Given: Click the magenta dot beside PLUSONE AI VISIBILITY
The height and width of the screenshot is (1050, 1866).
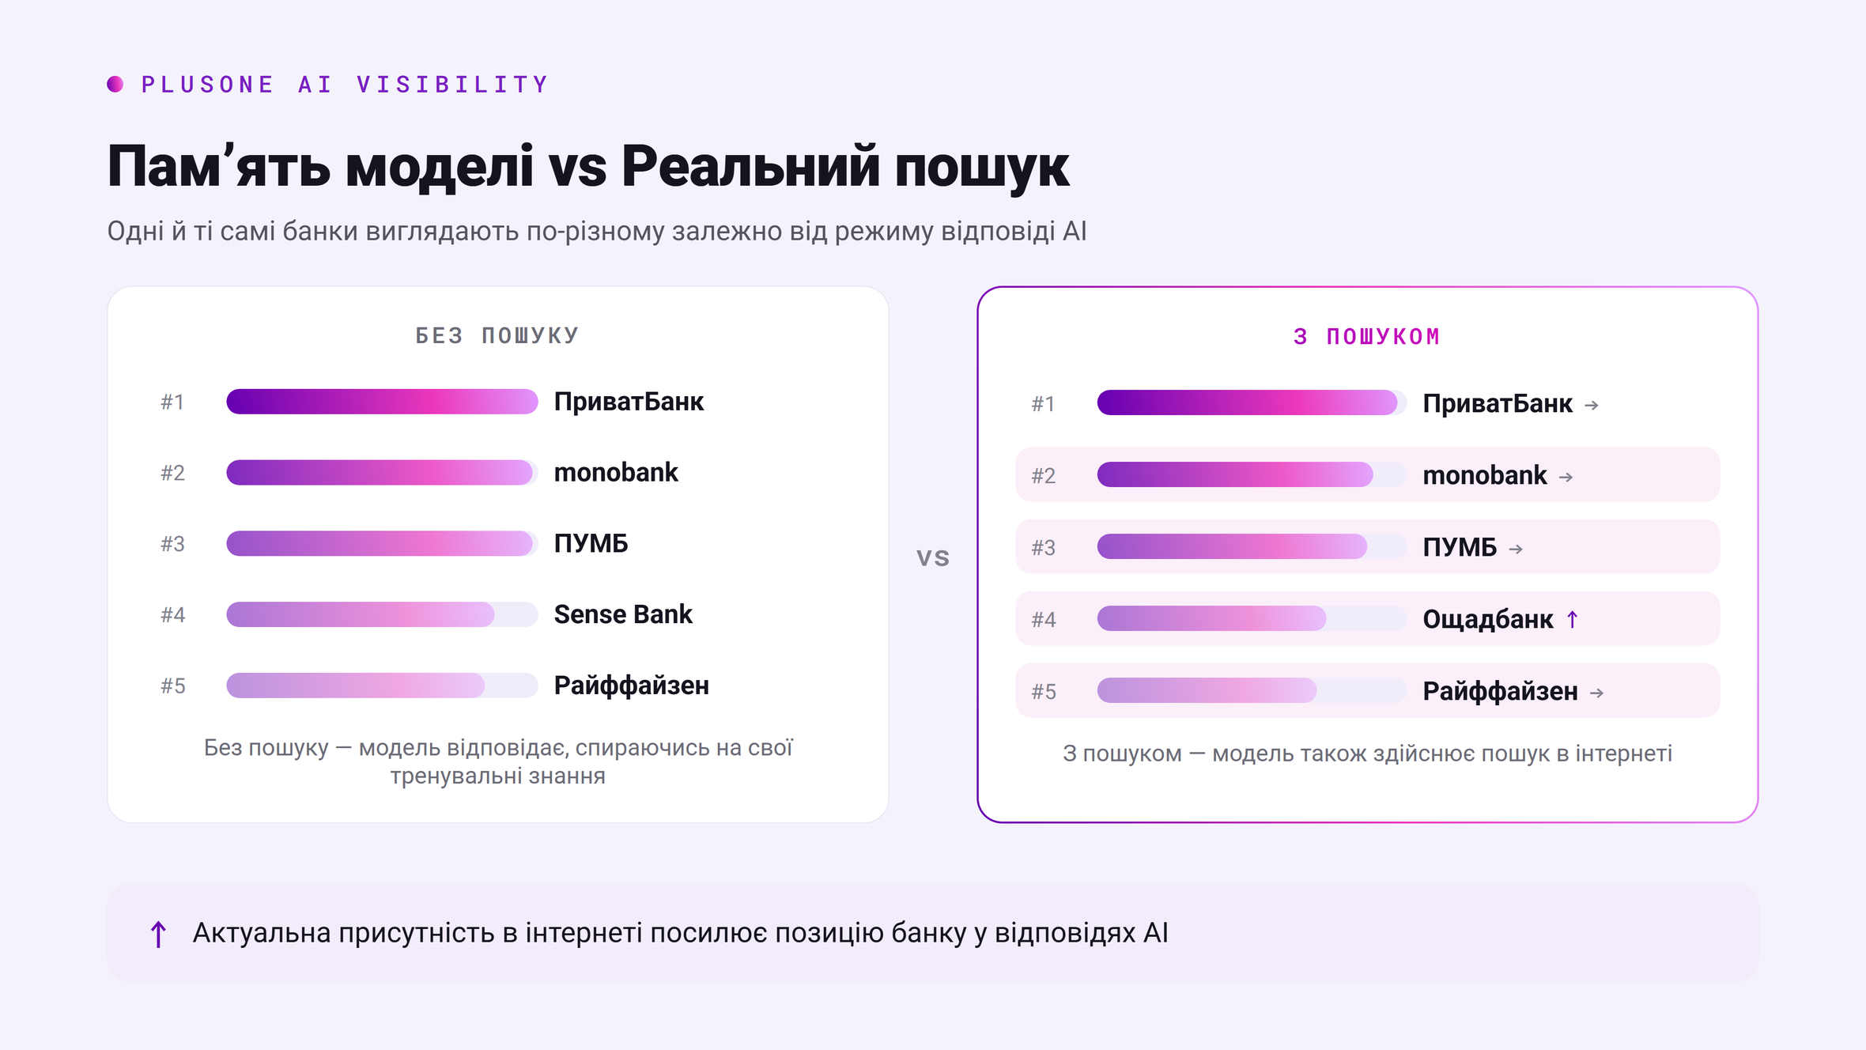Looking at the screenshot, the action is point(115,84).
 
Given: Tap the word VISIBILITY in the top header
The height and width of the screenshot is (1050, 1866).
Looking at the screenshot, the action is point(452,85).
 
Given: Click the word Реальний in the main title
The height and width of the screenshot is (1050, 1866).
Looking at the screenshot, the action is point(750,166).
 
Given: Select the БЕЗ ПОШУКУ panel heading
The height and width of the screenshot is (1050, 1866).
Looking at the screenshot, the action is point(497,336).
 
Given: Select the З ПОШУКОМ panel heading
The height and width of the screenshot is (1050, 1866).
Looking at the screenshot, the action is point(1367,337).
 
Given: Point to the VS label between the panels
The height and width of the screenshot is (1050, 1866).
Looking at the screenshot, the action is point(933,558).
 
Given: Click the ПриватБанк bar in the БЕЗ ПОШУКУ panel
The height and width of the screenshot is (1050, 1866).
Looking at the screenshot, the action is point(382,402).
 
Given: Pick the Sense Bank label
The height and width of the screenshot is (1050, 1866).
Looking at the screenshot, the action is point(623,614).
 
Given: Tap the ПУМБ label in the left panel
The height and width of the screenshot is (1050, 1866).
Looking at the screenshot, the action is point(591,543).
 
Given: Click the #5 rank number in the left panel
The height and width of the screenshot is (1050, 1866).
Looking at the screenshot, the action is point(173,686).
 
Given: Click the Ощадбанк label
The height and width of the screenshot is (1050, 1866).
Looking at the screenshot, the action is point(1487,619).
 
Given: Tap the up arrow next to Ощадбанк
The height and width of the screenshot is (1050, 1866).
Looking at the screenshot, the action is point(1573,619).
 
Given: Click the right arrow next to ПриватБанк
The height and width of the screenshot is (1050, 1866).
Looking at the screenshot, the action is point(1592,405).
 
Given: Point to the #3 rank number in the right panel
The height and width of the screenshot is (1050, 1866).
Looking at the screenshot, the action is point(1044,547).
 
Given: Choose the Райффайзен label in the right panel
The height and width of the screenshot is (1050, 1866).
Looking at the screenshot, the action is point(1500,691).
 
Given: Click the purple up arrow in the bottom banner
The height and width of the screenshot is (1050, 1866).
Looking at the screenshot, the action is point(158,934).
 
